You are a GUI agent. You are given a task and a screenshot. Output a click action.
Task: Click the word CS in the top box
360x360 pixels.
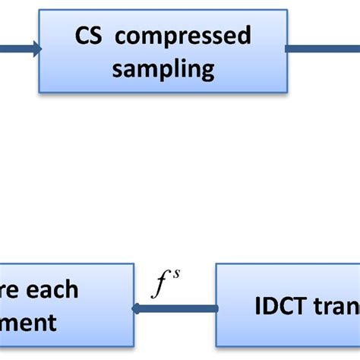click(89, 36)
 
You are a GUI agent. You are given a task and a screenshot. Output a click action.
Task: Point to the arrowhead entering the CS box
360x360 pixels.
click(33, 49)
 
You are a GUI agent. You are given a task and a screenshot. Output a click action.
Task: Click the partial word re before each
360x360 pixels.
click(12, 290)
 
